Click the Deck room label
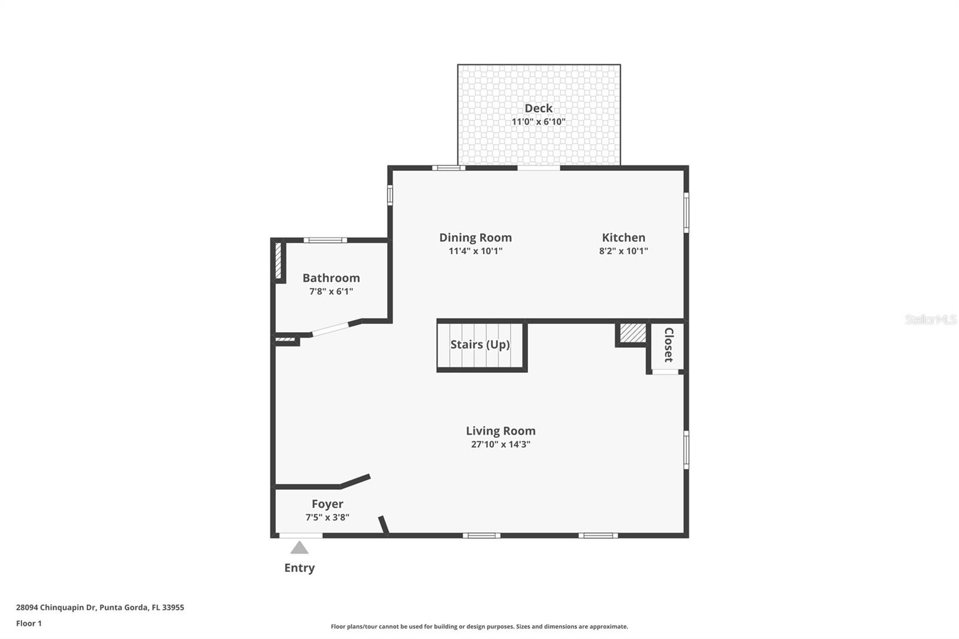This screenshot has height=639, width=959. (x=538, y=108)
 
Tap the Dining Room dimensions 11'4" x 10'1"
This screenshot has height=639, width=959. (x=475, y=251)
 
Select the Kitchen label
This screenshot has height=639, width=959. (x=623, y=237)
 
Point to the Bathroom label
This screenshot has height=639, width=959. (x=331, y=278)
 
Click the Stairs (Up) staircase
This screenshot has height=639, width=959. (x=481, y=346)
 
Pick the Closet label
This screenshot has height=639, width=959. (x=668, y=345)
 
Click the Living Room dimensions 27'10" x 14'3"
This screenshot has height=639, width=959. (x=500, y=444)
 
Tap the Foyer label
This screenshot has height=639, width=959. (x=327, y=504)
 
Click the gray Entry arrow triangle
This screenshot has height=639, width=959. (x=299, y=548)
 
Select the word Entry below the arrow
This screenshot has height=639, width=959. (x=299, y=568)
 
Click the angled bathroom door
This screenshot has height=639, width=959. (x=330, y=329)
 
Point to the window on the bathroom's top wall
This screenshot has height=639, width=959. (x=325, y=240)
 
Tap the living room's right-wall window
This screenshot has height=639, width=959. (x=686, y=449)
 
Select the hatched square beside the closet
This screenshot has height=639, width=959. (x=632, y=333)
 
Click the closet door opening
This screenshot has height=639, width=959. (x=665, y=372)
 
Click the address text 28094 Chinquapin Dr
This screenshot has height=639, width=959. (x=56, y=607)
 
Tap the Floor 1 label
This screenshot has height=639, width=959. (x=29, y=623)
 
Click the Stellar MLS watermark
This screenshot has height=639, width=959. (x=930, y=319)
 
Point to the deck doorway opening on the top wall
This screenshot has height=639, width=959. (x=538, y=168)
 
